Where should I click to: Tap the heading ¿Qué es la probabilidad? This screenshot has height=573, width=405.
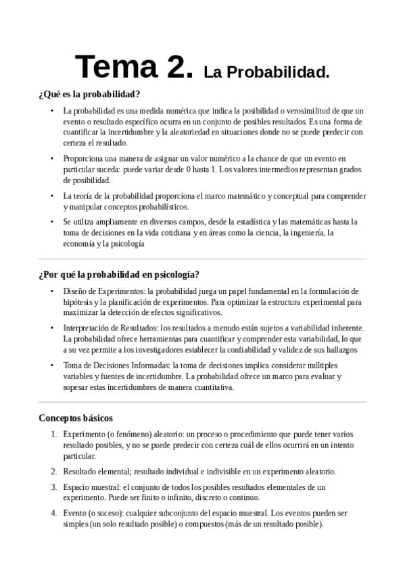click(x=89, y=95)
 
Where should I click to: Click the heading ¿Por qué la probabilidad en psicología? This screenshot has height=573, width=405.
click(x=119, y=274)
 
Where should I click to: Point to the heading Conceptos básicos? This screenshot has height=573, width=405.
click(x=76, y=418)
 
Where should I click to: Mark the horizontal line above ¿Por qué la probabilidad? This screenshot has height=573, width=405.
click(x=202, y=259)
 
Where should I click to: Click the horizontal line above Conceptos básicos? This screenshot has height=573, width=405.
click(x=202, y=403)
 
